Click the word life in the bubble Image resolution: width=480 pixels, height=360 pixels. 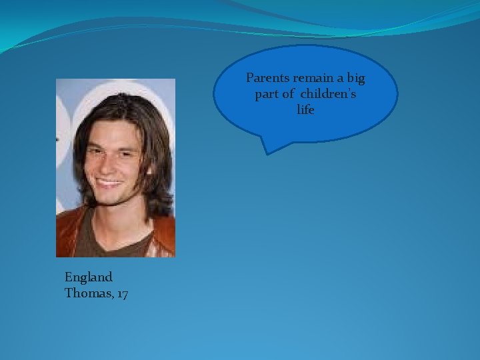click(305, 110)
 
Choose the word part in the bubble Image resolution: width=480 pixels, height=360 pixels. click(267, 95)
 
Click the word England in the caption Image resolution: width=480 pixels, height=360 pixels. click(89, 277)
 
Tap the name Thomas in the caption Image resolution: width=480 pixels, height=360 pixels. click(86, 293)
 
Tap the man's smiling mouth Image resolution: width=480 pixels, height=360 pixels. click(110, 180)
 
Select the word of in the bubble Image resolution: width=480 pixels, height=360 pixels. click(288, 95)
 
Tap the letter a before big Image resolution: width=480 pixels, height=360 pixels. click(340, 79)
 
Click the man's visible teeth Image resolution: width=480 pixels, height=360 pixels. click(110, 180)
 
